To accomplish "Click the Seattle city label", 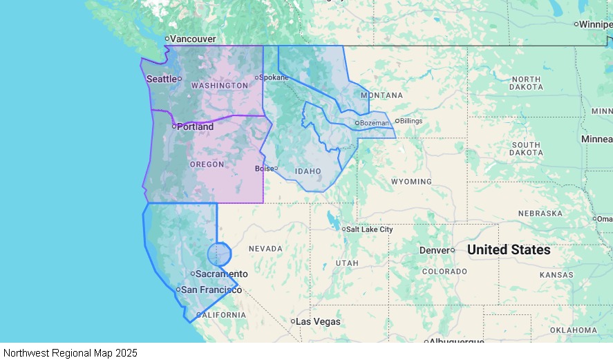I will pos(162,79).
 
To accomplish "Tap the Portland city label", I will pos(194,126).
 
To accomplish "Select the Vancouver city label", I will pos(192,39).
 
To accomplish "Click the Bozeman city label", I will pos(374,123).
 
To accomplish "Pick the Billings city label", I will pos(411,121).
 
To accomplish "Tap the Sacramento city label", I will pos(221,274).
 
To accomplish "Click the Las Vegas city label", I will pos(319,321).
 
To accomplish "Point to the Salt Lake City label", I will pos(369,229).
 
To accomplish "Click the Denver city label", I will pos(434,250).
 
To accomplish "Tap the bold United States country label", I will pos(509,249).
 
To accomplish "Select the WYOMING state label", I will pos(411,182).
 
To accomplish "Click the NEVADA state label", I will pos(265,249).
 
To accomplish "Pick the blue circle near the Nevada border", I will pos(220,254).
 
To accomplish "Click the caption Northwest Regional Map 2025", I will pos(70,352).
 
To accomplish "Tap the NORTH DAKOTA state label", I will pos(526,84).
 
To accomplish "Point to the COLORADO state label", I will pos(444,272).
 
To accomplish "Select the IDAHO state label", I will pos(308,171).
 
